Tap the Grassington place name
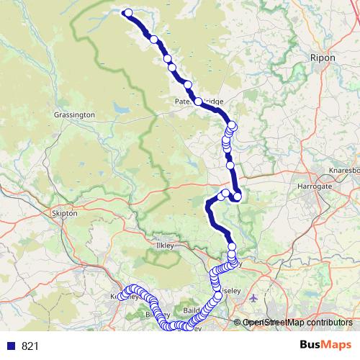[x=74, y=114]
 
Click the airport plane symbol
[x=252, y=297]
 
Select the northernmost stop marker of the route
[x=128, y=12]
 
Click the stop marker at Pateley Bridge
[x=198, y=102]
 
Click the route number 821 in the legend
[x=30, y=346]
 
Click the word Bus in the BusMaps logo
[x=311, y=345]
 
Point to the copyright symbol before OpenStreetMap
[x=239, y=323]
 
